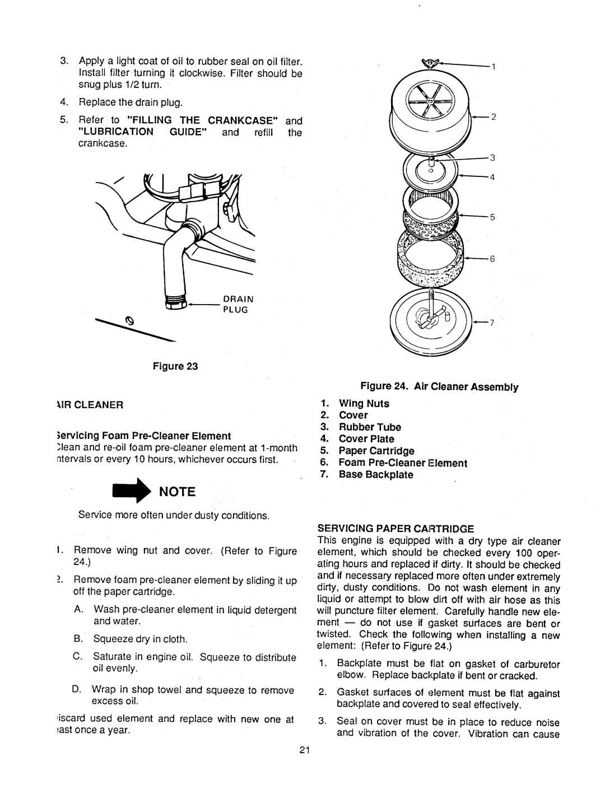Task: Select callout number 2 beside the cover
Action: [495, 116]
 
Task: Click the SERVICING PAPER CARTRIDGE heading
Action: [396, 528]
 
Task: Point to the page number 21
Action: [302, 751]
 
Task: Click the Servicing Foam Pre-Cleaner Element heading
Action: [152, 435]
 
